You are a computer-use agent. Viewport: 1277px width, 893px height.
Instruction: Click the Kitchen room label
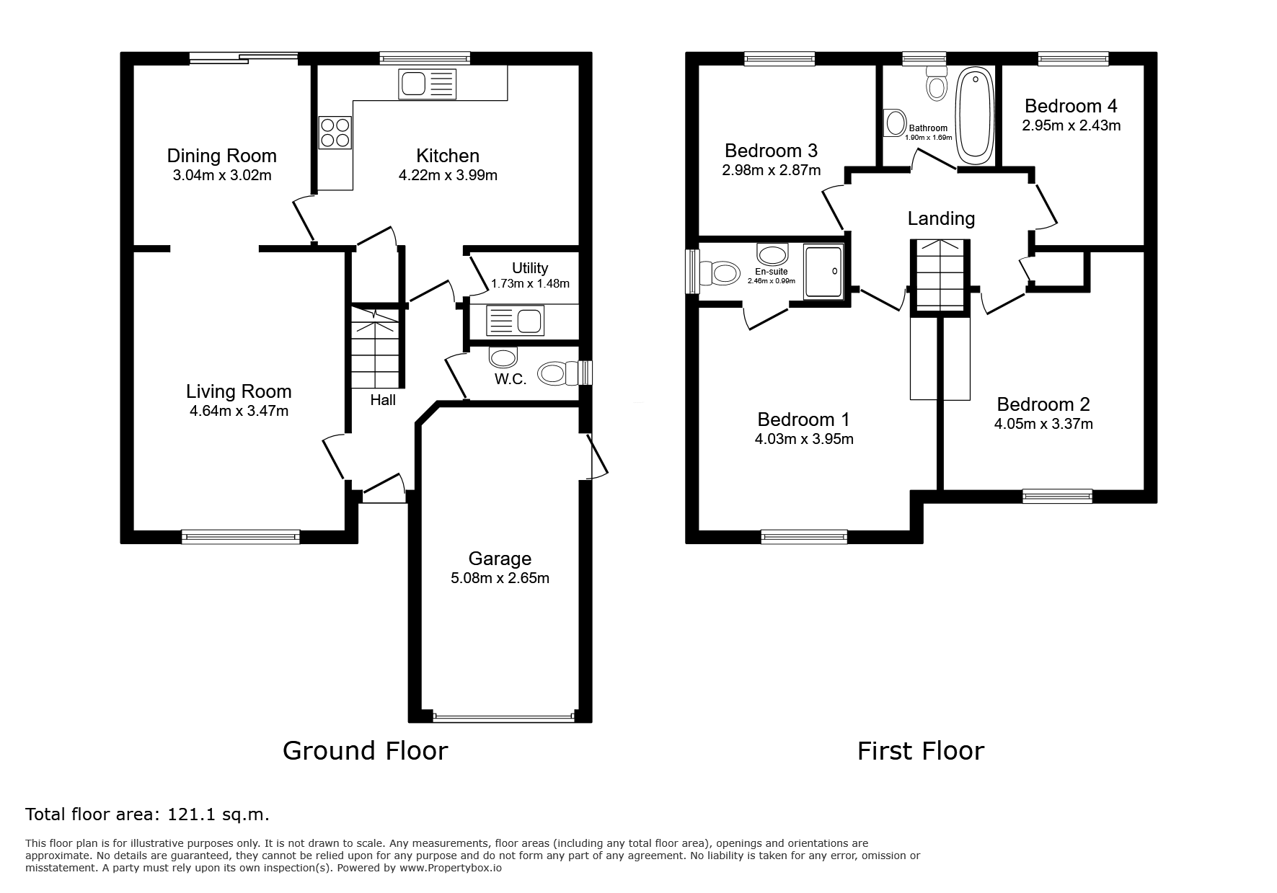pyautogui.click(x=447, y=156)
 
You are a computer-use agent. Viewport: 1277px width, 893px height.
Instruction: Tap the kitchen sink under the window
pyautogui.click(x=427, y=84)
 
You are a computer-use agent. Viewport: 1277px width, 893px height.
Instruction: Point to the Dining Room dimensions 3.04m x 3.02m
pyautogui.click(x=222, y=175)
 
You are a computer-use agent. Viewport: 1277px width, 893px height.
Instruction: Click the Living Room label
pyautogui.click(x=239, y=391)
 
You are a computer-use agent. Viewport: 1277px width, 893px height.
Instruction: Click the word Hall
pyautogui.click(x=383, y=399)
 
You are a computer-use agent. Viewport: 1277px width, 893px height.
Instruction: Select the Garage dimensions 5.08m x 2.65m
pyautogui.click(x=500, y=578)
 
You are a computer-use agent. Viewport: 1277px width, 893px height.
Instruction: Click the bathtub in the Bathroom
pyautogui.click(x=974, y=117)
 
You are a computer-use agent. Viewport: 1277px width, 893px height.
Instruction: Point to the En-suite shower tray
pyautogui.click(x=823, y=271)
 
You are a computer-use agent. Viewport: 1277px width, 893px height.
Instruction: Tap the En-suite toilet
pyautogui.click(x=719, y=272)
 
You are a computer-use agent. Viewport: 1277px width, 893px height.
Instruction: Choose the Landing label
pyautogui.click(x=941, y=218)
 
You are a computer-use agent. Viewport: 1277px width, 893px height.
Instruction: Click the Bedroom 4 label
pyautogui.click(x=1071, y=106)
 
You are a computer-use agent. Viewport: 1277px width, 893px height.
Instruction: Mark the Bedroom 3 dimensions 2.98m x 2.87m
pyautogui.click(x=772, y=171)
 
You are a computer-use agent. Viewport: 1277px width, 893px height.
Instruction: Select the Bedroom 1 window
pyautogui.click(x=804, y=536)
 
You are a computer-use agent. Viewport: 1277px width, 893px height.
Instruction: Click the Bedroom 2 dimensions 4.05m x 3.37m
pyautogui.click(x=1043, y=424)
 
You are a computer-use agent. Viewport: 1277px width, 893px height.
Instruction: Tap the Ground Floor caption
pyautogui.click(x=365, y=750)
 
